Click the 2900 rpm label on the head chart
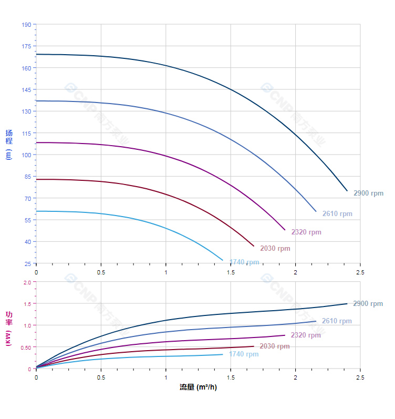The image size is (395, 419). pyautogui.click(x=368, y=193)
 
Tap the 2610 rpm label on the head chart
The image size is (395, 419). pyautogui.click(x=337, y=214)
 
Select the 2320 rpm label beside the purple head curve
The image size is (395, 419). pyautogui.click(x=306, y=232)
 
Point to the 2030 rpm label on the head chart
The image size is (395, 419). pyautogui.click(x=275, y=249)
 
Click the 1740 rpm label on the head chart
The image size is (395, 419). pyautogui.click(x=244, y=262)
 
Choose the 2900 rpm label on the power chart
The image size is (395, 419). pyautogui.click(x=368, y=304)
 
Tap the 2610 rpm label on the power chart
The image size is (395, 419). pyautogui.click(x=337, y=321)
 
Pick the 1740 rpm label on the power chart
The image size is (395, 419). pyautogui.click(x=244, y=354)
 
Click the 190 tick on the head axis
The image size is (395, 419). pyautogui.click(x=26, y=25)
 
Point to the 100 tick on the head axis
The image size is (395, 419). pyautogui.click(x=26, y=155)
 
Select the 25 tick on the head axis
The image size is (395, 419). pyautogui.click(x=27, y=264)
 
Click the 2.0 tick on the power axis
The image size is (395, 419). pyautogui.click(x=27, y=282)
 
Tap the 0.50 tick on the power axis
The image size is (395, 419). pyautogui.click(x=26, y=348)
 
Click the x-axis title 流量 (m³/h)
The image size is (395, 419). pyautogui.click(x=198, y=387)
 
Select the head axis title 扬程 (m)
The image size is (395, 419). pyautogui.click(x=9, y=145)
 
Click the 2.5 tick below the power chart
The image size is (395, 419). pyautogui.click(x=360, y=377)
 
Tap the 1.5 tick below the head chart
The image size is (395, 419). pyautogui.click(x=231, y=272)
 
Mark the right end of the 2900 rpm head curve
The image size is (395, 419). pyautogui.click(x=347, y=191)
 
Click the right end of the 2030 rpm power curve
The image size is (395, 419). pyautogui.click(x=254, y=346)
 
